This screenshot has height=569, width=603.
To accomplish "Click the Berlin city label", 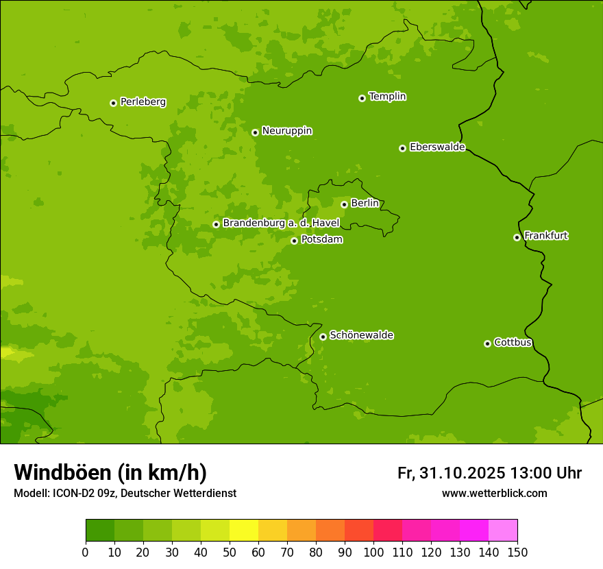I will coord(365,203).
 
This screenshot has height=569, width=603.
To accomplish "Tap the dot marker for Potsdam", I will coord(294,241).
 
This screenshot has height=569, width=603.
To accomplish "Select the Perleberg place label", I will coord(143,102).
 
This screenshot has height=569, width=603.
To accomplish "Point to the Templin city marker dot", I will coord(362,98).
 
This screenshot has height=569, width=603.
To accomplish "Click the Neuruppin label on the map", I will coord(286,131).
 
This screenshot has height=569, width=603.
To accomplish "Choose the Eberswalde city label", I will coord(437,147).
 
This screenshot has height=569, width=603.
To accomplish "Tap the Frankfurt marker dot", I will coord(517,237).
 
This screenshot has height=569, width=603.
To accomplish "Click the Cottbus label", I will coord(513,342).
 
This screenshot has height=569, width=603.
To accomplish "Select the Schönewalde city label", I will coord(361,335).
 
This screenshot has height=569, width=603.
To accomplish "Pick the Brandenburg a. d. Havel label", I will coord(281,223).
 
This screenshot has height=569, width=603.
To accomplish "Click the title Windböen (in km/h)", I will coord(110,472).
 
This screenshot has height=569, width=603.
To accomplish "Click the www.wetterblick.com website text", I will coord(494,493).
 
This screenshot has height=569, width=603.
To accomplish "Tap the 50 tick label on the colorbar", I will coord(230,552).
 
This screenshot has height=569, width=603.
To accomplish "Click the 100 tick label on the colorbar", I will coord(373,552).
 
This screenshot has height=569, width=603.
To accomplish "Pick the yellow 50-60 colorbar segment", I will coord(244,531).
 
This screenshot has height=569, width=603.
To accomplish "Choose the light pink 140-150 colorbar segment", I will coord(503,531).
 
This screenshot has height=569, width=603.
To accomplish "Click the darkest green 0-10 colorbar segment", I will coord(100,531).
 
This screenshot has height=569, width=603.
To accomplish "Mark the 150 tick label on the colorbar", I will coord(517,552).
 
